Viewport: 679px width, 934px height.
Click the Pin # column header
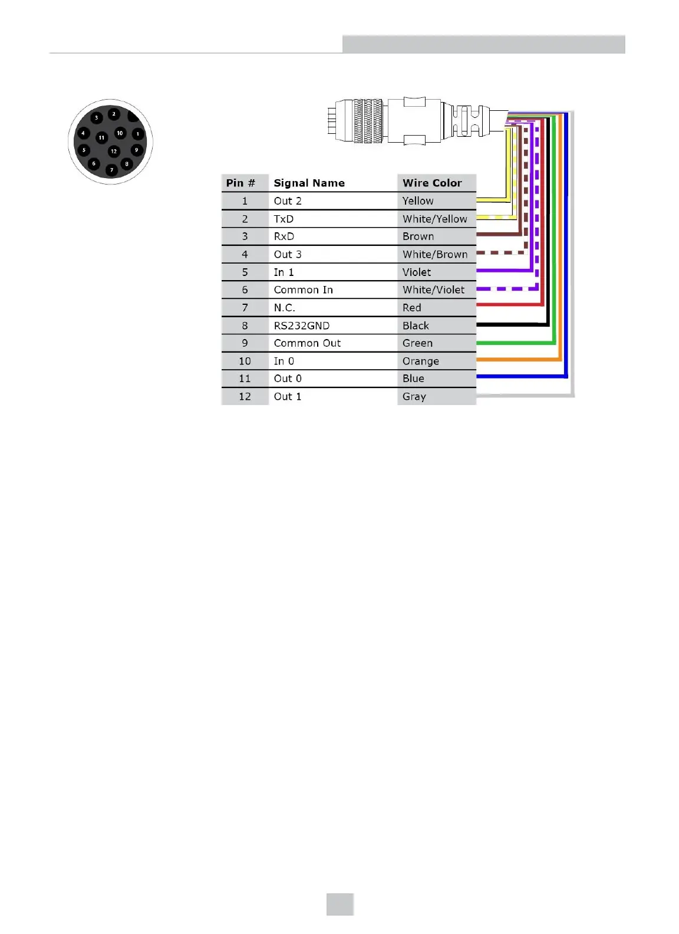pos(240,183)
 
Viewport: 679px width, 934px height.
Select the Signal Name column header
pos(309,183)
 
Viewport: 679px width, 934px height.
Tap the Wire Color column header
pos(432,183)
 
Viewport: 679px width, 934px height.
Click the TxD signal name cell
pos(284,219)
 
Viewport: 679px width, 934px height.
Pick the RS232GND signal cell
pos(301,325)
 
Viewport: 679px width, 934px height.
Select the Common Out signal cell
pos(307,343)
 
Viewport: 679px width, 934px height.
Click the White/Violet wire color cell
pos(433,290)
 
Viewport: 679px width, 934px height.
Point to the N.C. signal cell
pos(284,308)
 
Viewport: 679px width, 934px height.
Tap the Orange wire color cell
pos(420,361)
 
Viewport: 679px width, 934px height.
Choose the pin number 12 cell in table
pos(245,396)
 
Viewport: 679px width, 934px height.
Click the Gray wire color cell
pos(414,396)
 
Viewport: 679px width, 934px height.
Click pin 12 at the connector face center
pos(114,152)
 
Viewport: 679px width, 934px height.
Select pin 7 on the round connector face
pos(111,170)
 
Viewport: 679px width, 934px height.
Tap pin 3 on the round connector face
pos(97,118)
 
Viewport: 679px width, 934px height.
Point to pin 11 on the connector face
pos(101,137)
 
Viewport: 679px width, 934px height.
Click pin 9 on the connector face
pos(136,150)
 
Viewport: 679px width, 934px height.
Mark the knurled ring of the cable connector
pos(368,121)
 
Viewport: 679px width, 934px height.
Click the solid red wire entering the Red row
pos(507,305)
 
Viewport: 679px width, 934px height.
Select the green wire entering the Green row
pos(513,342)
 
